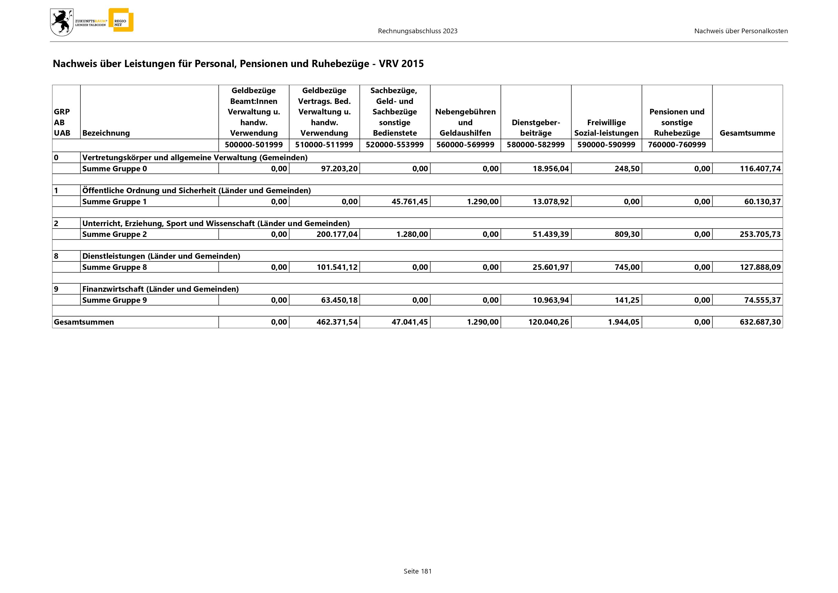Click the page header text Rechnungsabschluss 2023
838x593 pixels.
coord(418,31)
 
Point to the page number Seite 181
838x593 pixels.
coord(418,571)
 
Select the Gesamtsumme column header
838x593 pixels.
coord(747,133)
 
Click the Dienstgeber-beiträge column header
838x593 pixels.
coord(535,128)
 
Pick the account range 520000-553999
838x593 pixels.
coord(394,145)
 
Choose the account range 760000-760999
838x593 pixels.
coord(677,145)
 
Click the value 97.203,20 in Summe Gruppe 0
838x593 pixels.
coord(339,169)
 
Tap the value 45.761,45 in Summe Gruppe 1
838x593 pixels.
coord(409,202)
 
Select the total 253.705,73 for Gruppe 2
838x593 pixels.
coord(760,235)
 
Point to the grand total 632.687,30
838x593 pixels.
coord(760,322)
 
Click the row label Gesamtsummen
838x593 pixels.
coord(84,322)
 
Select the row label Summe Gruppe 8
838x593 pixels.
coord(115,267)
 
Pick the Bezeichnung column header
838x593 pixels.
coord(106,133)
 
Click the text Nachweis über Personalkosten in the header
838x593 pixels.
coord(740,31)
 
